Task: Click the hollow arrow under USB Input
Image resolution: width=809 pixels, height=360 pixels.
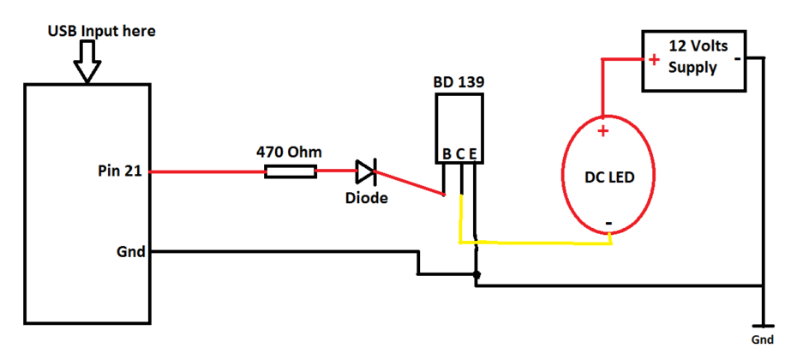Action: (x=87, y=62)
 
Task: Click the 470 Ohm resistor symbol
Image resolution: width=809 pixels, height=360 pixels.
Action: (x=290, y=171)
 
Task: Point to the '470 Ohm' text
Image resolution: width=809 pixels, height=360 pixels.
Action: (x=290, y=152)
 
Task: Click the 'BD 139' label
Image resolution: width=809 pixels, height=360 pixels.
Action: (x=458, y=83)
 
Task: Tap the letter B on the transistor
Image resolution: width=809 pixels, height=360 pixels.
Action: (x=446, y=154)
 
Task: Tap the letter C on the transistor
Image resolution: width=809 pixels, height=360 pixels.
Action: (x=460, y=154)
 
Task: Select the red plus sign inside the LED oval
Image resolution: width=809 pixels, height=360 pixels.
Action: (x=602, y=130)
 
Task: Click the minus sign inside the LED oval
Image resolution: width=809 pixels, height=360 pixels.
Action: (x=608, y=224)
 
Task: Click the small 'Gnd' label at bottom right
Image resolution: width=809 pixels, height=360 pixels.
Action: (x=762, y=340)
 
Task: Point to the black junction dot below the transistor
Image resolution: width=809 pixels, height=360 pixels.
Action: (x=477, y=276)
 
